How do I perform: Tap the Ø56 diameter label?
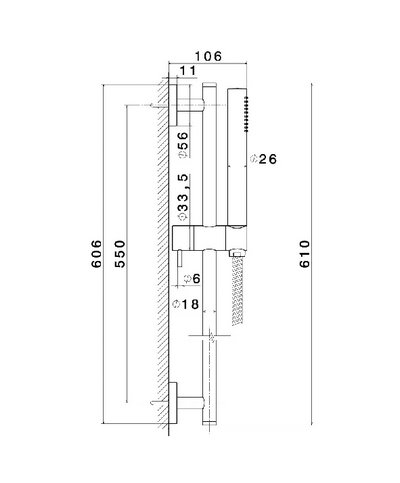pos(183,141)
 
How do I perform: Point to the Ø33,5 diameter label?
pos(183,200)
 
